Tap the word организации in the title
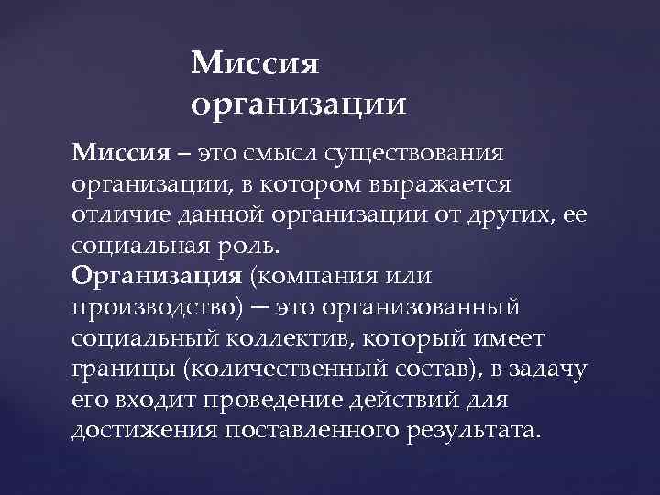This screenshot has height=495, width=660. point(299,104)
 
